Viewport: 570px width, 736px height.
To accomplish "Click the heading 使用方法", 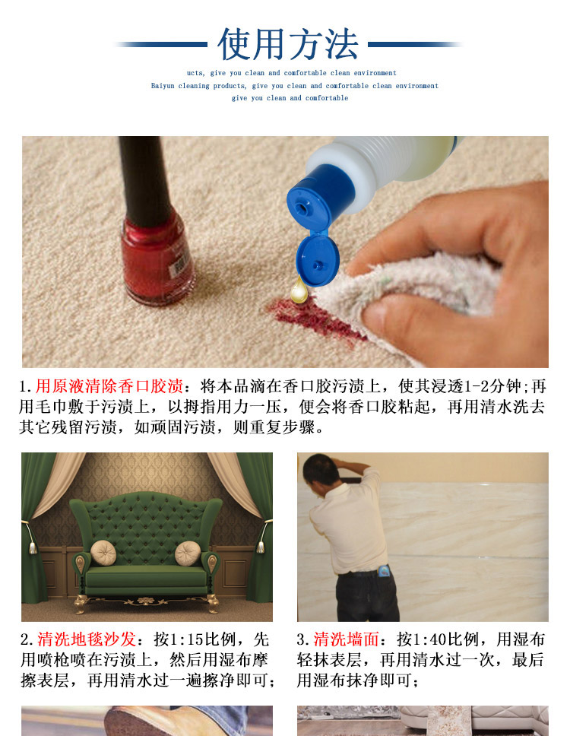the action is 287,44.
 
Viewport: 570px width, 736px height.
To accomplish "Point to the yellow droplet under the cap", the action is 299,290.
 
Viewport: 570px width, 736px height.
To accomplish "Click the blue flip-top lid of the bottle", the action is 317,261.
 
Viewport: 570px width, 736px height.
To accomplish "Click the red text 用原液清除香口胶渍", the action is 109,386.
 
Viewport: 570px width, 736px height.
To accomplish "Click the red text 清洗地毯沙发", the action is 87,639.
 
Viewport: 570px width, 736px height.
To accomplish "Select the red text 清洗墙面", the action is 346,639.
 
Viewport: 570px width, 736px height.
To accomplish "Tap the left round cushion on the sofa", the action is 103,553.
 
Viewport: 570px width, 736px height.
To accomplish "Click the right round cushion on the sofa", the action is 188,554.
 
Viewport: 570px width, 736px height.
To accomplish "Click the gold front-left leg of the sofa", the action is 80,604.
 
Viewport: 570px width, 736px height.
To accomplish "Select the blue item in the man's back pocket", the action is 385,571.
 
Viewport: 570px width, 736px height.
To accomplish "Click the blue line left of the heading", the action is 161,45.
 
